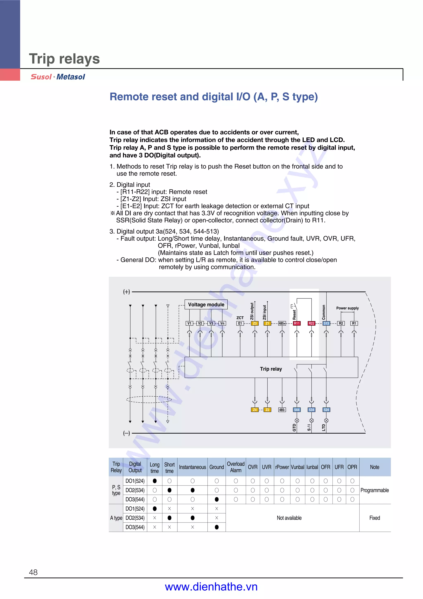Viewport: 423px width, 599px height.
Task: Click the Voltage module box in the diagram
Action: (x=206, y=304)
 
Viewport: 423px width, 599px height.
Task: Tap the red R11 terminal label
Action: (x=297, y=323)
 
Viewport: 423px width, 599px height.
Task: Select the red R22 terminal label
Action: (x=311, y=323)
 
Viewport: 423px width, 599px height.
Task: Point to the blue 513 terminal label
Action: (x=326, y=323)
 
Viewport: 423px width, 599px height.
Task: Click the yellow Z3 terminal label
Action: (x=255, y=323)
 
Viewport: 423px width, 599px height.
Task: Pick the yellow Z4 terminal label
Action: (x=255, y=410)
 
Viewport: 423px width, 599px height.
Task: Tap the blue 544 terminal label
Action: (x=297, y=410)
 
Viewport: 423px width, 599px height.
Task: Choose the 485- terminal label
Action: (x=282, y=410)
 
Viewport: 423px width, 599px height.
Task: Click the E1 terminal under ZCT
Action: (x=240, y=323)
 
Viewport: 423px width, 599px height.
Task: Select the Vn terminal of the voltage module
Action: (x=222, y=323)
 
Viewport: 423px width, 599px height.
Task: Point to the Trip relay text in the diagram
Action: (x=271, y=369)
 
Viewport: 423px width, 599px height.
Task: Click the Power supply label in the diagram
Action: (x=347, y=308)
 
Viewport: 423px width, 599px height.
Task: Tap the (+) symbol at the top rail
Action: (x=126, y=292)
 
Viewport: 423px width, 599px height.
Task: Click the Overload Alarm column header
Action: (x=236, y=467)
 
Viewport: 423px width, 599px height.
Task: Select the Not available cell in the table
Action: (x=289, y=518)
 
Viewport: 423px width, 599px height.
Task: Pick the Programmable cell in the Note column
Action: (x=374, y=490)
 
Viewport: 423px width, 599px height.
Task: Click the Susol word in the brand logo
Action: (x=41, y=77)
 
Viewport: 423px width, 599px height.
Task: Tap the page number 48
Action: (x=33, y=572)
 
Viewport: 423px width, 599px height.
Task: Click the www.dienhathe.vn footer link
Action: (x=211, y=587)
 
